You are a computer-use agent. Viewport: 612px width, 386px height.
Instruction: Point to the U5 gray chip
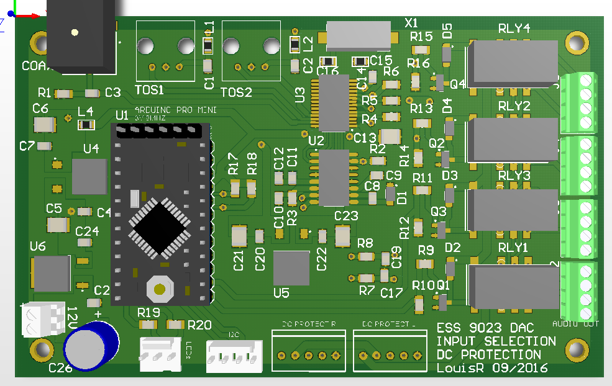(x=291, y=267)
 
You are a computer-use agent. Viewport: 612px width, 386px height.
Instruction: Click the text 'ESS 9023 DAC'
(x=485, y=328)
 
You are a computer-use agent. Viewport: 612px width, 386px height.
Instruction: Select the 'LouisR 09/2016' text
(x=491, y=368)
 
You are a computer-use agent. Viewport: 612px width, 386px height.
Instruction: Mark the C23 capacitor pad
(x=342, y=235)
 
